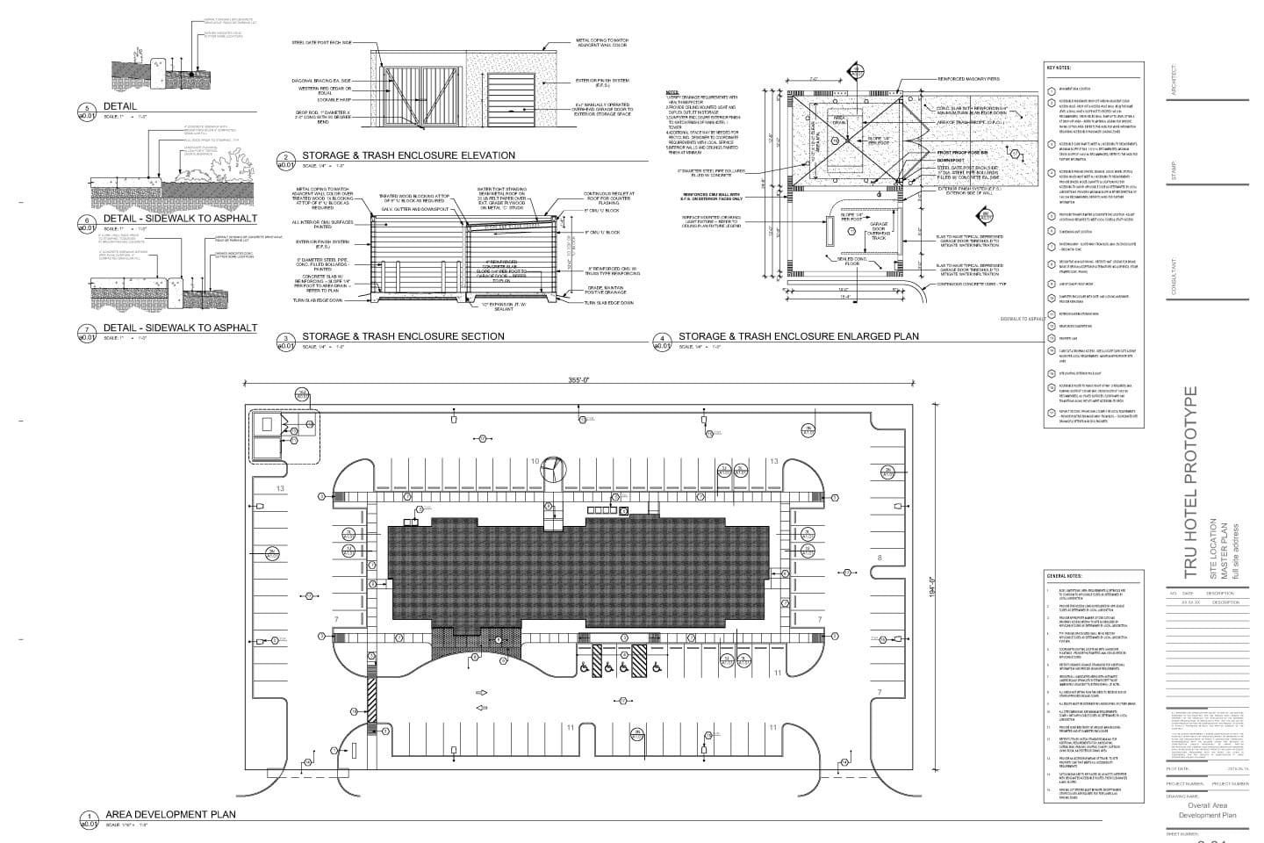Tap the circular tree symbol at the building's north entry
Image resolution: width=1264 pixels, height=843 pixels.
(554, 468)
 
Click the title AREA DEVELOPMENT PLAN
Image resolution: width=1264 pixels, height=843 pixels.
(170, 814)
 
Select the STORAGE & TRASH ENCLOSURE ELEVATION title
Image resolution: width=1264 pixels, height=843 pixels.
(408, 155)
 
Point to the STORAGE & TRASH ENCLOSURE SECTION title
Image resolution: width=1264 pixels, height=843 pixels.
(403, 336)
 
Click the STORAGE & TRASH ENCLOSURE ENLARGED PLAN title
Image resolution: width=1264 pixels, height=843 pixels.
(798, 336)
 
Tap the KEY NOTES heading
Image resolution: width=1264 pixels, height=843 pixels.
(1059, 68)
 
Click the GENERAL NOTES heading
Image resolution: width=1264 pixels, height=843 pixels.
(1062, 575)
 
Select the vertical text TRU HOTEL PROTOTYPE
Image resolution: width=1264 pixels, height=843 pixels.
(1190, 482)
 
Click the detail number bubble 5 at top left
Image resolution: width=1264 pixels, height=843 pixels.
(88, 110)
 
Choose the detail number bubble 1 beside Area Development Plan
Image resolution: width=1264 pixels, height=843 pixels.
(89, 818)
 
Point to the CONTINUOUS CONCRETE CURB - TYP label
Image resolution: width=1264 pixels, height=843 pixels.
(969, 285)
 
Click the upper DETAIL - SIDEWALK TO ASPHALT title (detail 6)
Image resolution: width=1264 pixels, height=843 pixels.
(181, 219)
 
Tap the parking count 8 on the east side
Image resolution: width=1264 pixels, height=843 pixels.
(879, 558)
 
